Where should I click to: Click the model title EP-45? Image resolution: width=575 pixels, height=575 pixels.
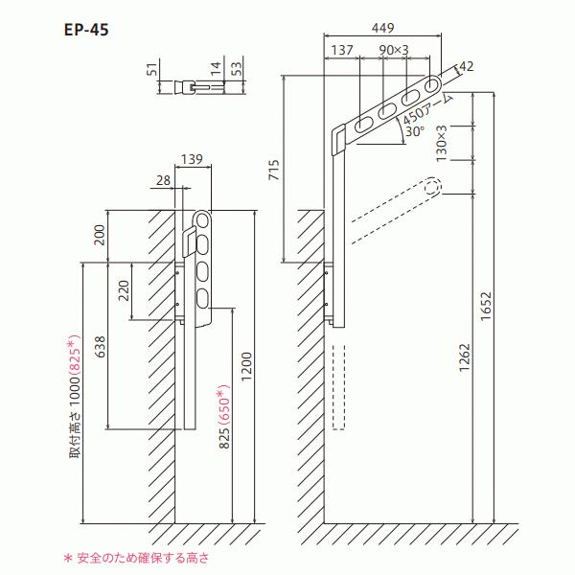coord(86,30)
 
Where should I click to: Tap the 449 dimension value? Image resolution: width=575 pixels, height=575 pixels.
coord(382,28)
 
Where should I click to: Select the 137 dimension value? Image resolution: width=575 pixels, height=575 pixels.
coord(342,50)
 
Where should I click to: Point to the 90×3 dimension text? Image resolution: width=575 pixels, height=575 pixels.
coord(394,50)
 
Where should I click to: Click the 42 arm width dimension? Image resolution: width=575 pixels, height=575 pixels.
coord(466,66)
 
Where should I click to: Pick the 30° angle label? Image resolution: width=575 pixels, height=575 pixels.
coord(415,131)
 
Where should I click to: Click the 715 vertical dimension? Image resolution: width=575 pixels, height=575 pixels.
coord(274,170)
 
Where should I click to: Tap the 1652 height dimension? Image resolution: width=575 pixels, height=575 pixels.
coord(486,307)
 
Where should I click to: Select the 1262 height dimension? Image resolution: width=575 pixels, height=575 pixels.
coord(464,357)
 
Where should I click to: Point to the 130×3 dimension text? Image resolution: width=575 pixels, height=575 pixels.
coord(442,144)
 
